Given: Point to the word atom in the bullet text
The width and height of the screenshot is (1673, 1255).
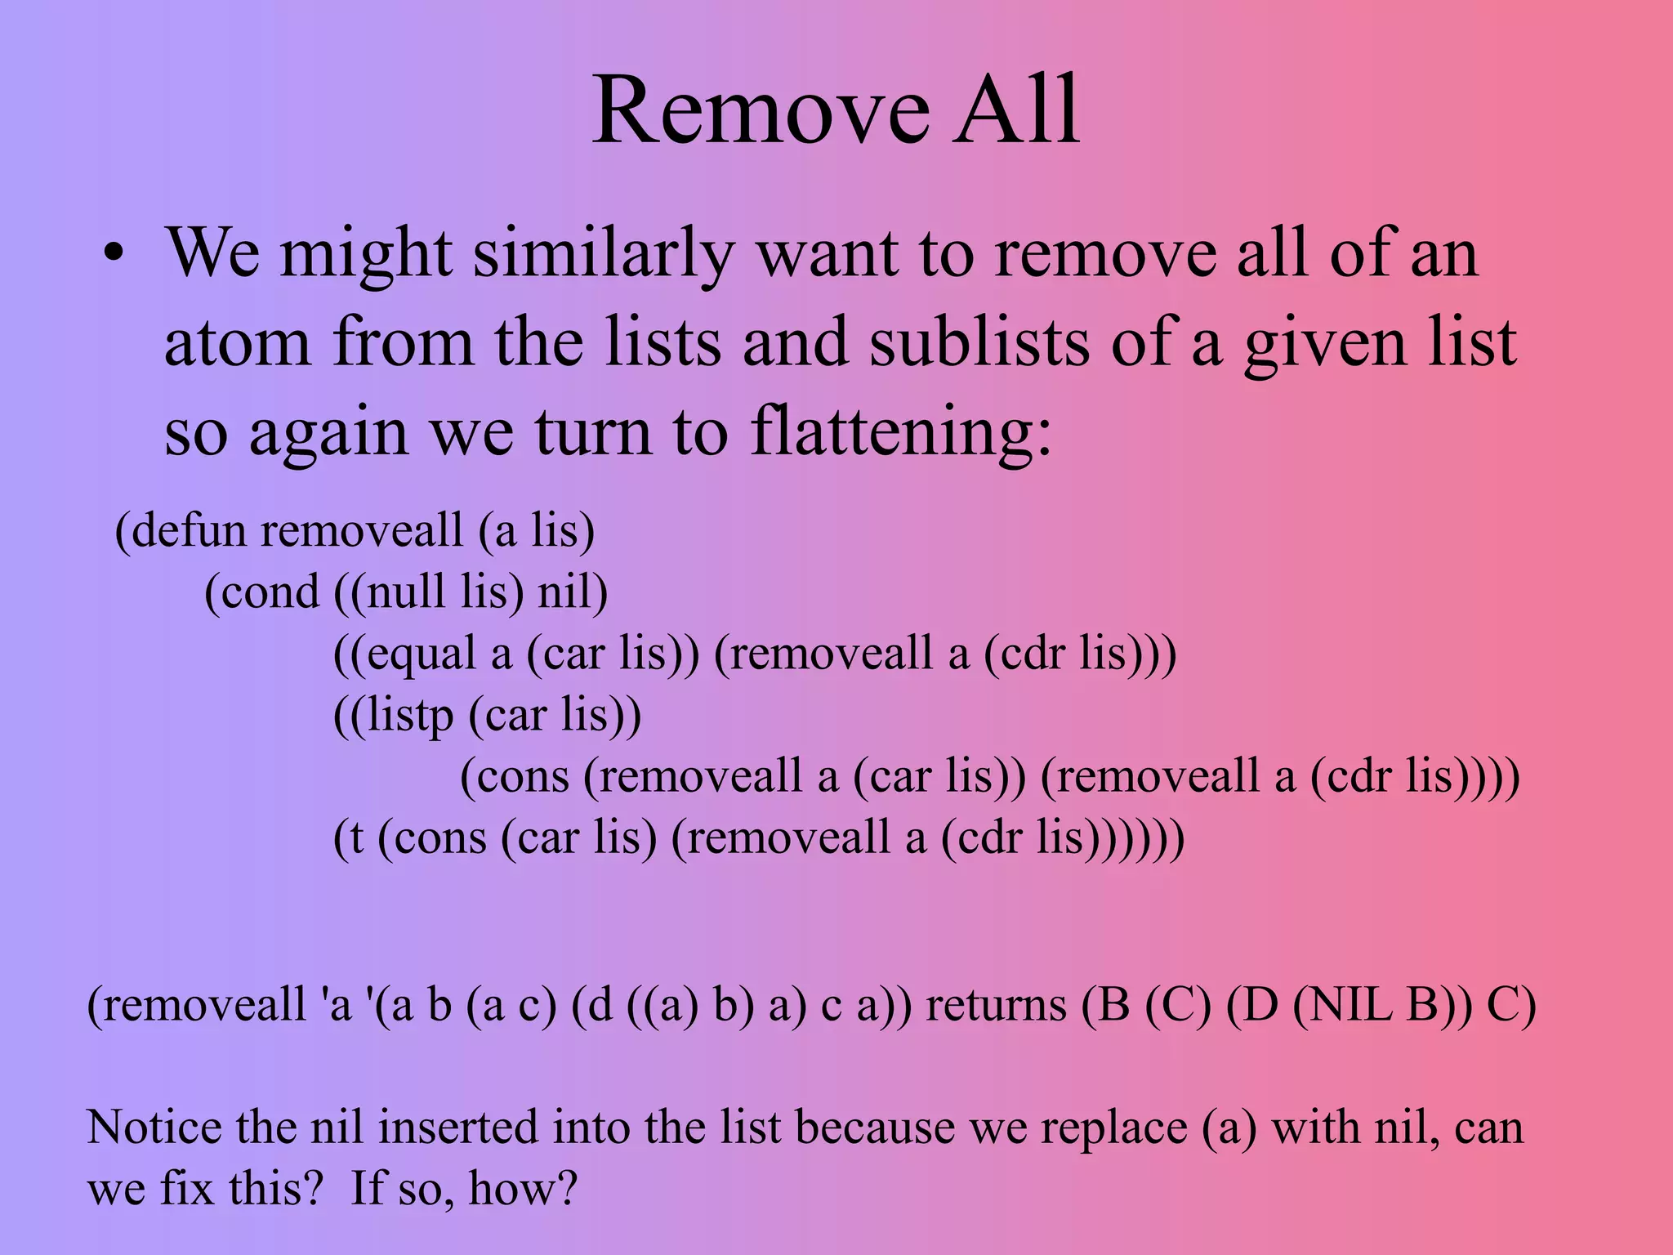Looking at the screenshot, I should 237,343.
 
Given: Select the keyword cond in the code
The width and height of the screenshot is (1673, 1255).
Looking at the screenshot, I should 270,592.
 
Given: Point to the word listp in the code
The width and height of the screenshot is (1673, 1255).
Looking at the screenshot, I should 409,716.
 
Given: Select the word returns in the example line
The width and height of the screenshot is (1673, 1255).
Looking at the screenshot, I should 996,1006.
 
